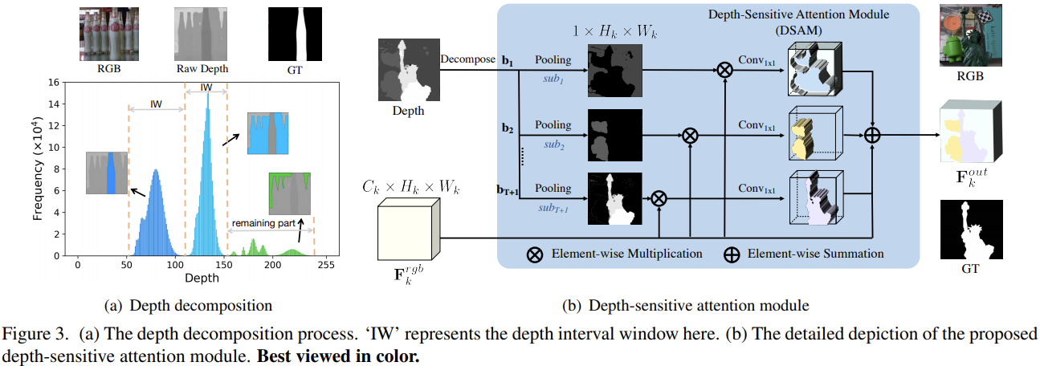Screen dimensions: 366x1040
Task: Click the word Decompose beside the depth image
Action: point(467,59)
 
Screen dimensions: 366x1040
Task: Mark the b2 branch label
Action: point(508,128)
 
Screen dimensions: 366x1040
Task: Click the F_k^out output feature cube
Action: point(971,131)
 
